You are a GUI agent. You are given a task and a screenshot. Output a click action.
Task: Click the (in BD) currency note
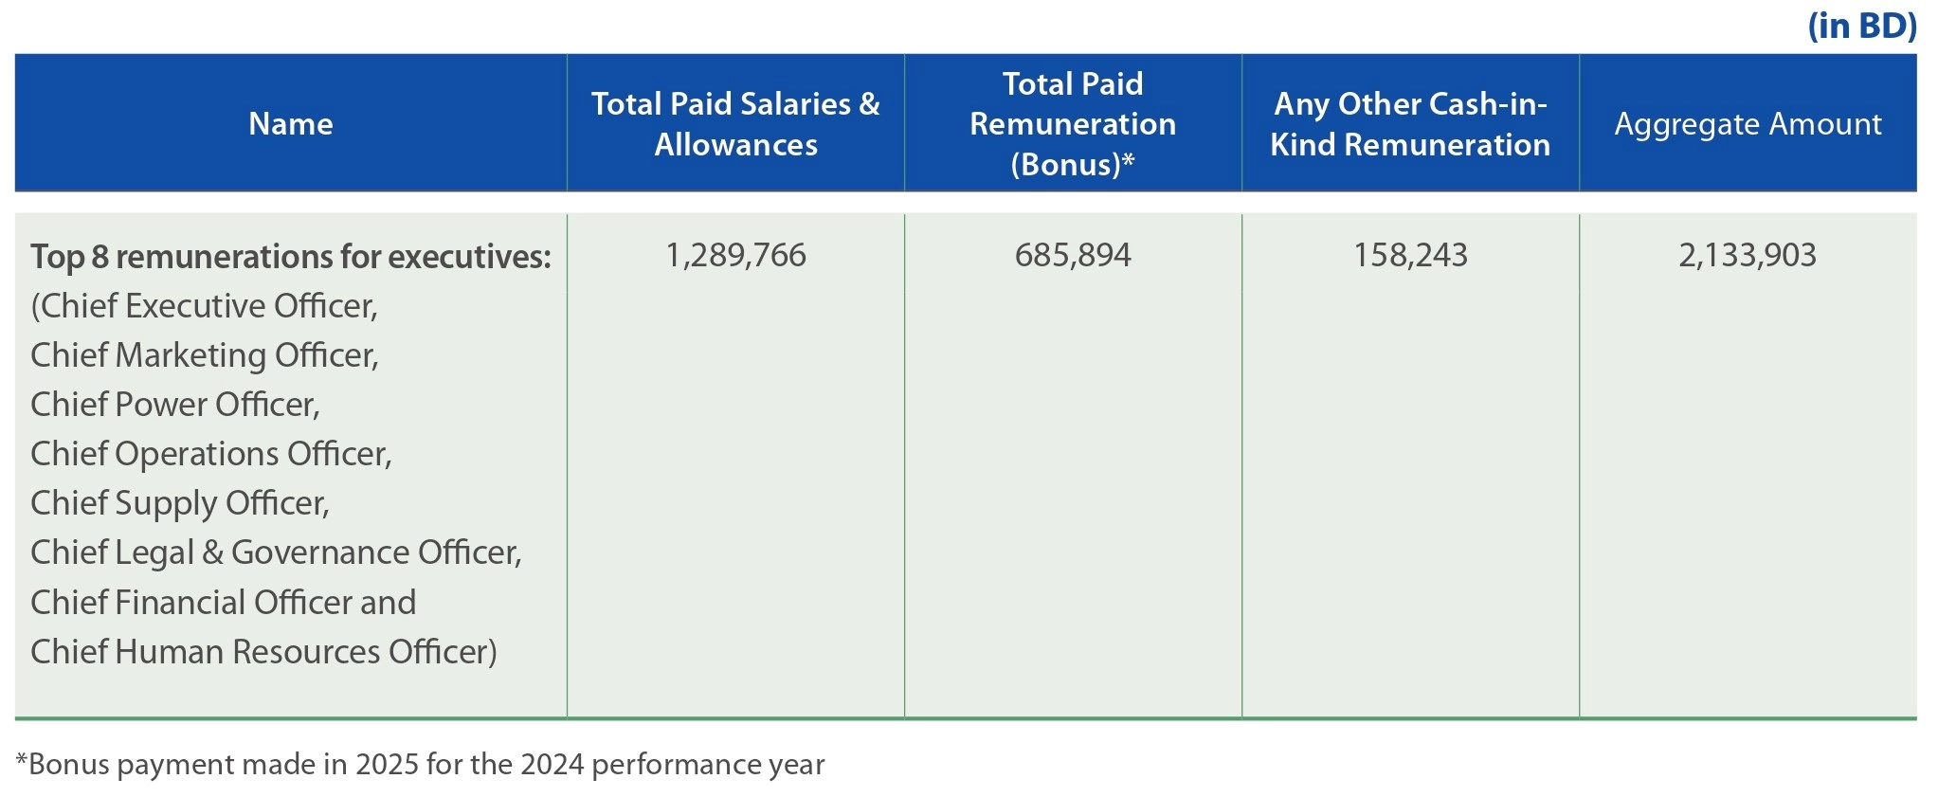click(x=1862, y=26)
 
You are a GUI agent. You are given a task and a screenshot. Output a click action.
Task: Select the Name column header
click(x=291, y=124)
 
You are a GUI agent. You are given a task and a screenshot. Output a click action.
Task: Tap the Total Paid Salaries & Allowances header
click(x=735, y=124)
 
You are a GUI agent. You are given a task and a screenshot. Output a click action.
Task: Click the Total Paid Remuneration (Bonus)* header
click(x=1073, y=124)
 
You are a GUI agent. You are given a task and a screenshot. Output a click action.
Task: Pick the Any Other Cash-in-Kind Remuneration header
click(x=1410, y=124)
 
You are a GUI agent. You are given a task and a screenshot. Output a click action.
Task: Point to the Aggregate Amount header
click(x=1748, y=124)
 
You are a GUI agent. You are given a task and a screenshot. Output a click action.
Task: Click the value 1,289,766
click(x=735, y=255)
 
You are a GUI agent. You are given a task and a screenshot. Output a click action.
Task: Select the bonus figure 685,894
click(x=1073, y=255)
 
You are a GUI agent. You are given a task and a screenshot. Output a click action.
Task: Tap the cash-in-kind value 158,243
click(x=1410, y=255)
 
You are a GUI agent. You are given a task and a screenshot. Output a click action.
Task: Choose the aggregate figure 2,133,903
click(x=1748, y=255)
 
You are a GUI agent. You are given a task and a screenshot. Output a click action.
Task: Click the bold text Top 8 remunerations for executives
click(x=290, y=257)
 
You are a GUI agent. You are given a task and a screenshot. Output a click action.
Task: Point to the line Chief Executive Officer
click(x=205, y=306)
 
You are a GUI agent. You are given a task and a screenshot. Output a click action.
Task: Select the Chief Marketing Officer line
click(x=205, y=355)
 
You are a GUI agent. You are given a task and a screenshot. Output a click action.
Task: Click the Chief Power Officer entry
click(x=175, y=405)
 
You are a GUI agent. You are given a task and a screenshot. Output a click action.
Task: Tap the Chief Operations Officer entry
click(x=211, y=454)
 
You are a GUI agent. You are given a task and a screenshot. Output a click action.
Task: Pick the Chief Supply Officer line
click(x=180, y=503)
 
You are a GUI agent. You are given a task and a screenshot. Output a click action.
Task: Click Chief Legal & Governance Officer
click(x=276, y=552)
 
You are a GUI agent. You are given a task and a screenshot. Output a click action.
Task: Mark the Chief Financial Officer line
click(x=223, y=603)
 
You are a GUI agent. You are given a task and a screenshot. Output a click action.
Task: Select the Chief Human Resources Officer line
click(x=263, y=652)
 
